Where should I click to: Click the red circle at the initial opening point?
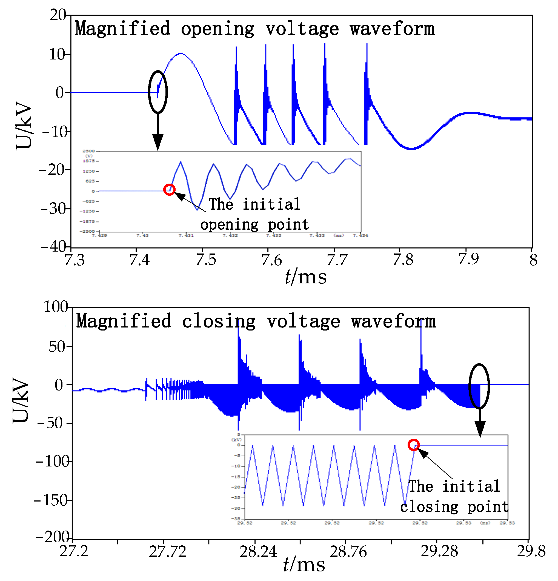[x=169, y=189]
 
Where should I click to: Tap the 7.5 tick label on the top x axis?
[x=206, y=260]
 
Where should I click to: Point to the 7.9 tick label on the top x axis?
[x=468, y=259]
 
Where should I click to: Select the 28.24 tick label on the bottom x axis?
[x=257, y=552]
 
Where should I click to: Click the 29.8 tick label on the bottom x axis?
[x=530, y=551]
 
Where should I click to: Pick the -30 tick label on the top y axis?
[x=55, y=209]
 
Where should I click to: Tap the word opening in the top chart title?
[x=218, y=29]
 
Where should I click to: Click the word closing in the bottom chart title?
[x=218, y=321]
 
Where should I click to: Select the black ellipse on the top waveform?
[x=158, y=92]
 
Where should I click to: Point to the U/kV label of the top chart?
[x=24, y=126]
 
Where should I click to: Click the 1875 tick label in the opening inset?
[x=88, y=161]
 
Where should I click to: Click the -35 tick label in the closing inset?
[x=236, y=519]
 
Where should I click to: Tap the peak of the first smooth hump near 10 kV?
[x=181, y=54]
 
